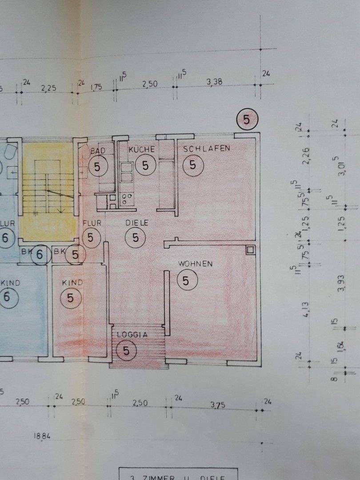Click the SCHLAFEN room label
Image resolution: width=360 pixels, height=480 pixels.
click(x=207, y=148)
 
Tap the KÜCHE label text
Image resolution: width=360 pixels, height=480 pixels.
click(x=141, y=150)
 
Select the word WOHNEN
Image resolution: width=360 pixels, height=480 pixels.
click(x=195, y=264)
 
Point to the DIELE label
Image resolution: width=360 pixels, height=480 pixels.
click(x=137, y=223)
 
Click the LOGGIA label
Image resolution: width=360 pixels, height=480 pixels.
click(x=132, y=336)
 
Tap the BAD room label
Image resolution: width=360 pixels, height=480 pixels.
click(x=98, y=151)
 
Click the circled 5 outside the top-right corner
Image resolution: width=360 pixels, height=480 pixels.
click(x=247, y=119)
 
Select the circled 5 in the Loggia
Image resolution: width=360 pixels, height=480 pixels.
click(x=127, y=351)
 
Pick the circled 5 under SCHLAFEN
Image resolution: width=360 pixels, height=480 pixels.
click(x=192, y=165)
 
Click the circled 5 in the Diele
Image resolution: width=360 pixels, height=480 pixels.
click(x=136, y=238)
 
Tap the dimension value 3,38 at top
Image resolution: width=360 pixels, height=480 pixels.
click(x=215, y=81)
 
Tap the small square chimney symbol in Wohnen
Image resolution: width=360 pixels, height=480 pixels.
click(x=250, y=250)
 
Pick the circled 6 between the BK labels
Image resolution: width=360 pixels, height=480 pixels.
click(x=40, y=255)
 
